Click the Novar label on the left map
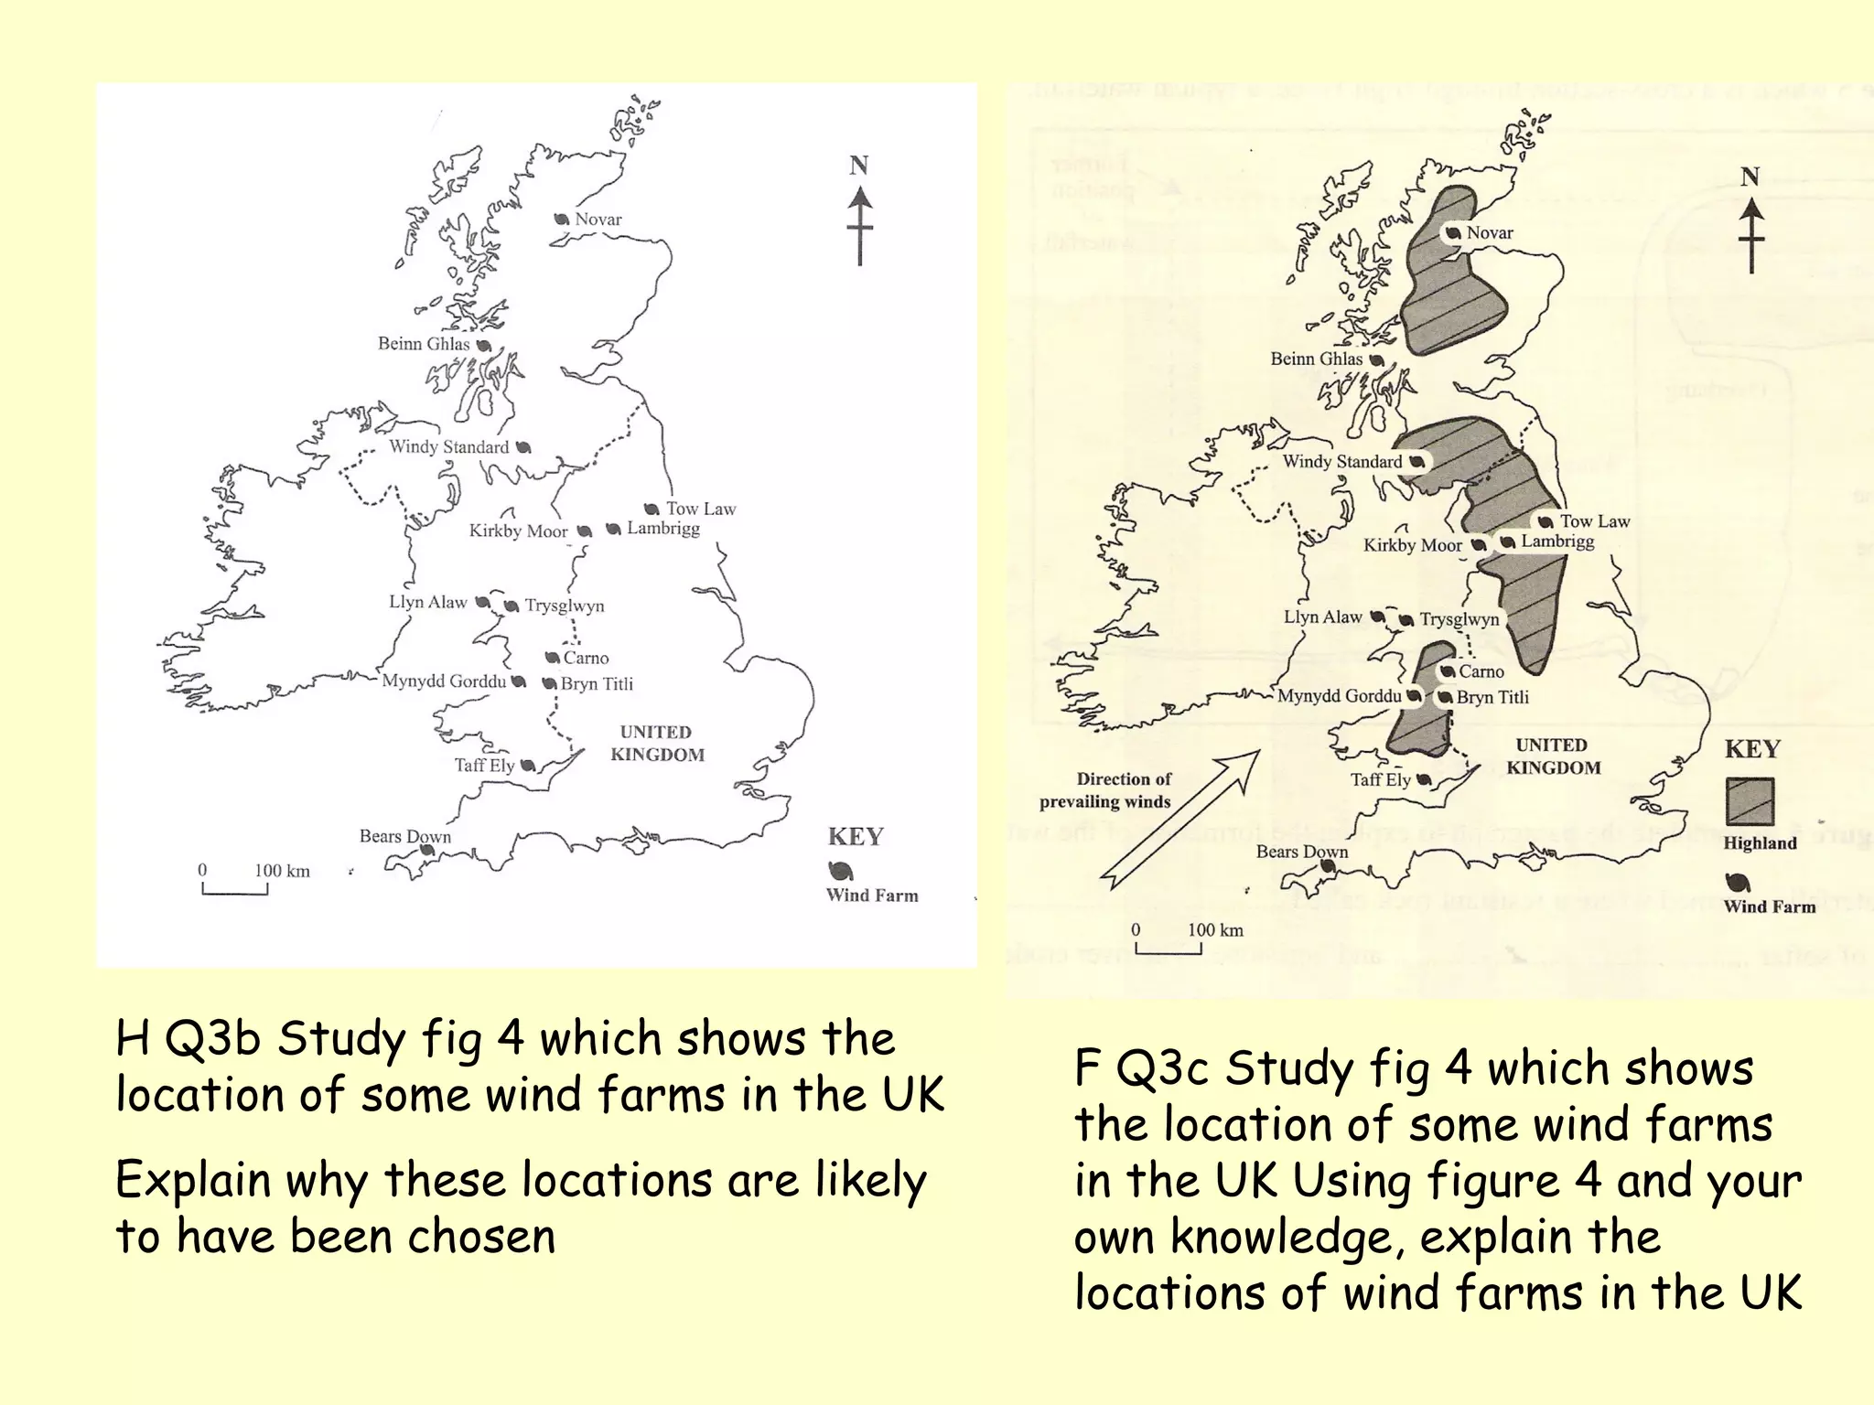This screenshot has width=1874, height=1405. [x=598, y=220]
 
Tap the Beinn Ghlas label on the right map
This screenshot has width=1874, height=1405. [x=1316, y=359]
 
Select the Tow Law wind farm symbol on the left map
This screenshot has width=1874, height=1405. [x=652, y=509]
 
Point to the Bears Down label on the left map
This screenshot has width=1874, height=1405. [x=404, y=836]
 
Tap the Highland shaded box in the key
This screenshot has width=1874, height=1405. [x=1750, y=802]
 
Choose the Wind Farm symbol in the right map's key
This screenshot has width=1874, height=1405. [x=1738, y=883]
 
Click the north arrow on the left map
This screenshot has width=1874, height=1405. [x=859, y=224]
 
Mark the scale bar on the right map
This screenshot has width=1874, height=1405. [x=1169, y=950]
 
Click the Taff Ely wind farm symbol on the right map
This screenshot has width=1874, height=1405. [x=1424, y=780]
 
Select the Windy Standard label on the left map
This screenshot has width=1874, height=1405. [x=448, y=447]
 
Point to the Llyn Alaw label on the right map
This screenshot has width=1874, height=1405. [x=1322, y=617]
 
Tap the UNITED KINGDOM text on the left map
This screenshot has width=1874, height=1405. [x=657, y=744]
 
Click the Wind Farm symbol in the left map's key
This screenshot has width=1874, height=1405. [x=840, y=870]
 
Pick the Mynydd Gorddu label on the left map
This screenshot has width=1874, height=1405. [x=444, y=681]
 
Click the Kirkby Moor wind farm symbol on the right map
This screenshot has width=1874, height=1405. [x=1479, y=545]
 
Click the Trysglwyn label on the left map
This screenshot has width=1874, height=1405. [x=565, y=606]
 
